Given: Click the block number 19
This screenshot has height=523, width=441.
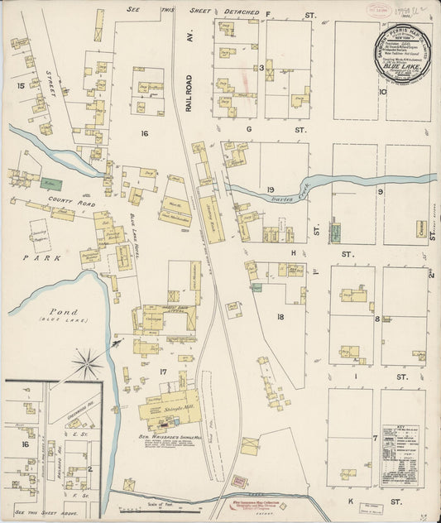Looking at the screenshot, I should pyautogui.click(x=271, y=190).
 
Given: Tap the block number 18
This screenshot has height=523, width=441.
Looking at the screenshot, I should pyautogui.click(x=280, y=317).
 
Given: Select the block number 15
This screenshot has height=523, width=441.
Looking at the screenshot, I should pyautogui.click(x=19, y=86).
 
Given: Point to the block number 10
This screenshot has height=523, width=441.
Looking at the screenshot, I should pyautogui.click(x=382, y=92).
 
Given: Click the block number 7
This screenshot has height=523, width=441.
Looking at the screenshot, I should pyautogui.click(x=374, y=437).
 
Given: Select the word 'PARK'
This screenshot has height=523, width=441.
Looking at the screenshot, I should pyautogui.click(x=31, y=257).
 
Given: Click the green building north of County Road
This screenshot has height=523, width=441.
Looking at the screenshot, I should pyautogui.click(x=52, y=183).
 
